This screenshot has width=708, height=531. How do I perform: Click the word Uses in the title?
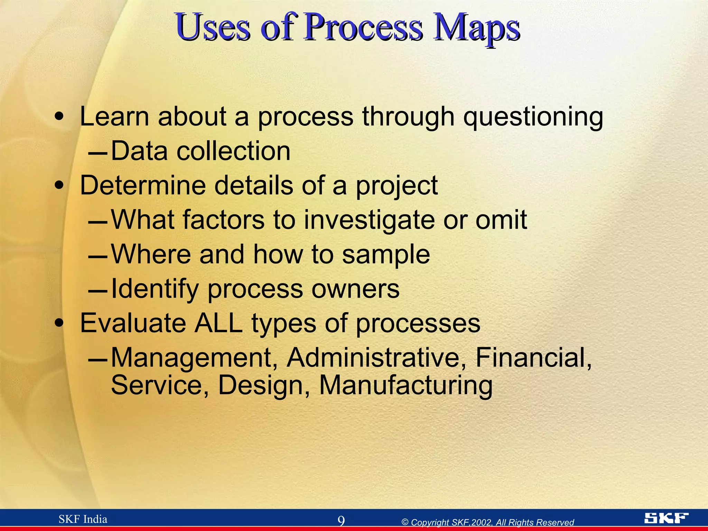[x=213, y=28]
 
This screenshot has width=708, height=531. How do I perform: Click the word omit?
[x=501, y=220]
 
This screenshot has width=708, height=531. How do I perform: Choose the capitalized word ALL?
[x=218, y=323]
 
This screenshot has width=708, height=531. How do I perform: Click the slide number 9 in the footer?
[x=341, y=521]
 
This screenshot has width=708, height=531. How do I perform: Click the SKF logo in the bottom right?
[x=666, y=518]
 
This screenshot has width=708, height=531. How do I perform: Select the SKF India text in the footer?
[x=83, y=519]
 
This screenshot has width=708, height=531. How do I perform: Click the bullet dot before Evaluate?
[x=59, y=323]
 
